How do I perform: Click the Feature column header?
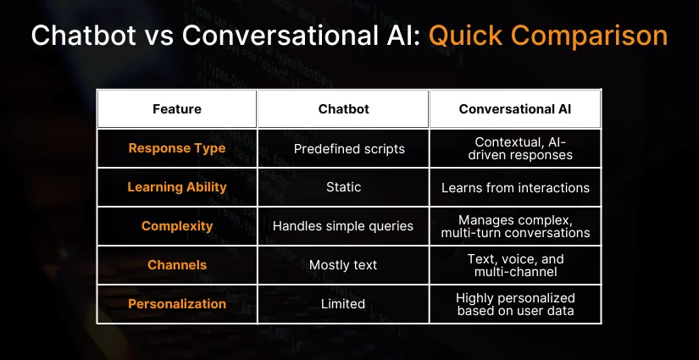pos(177,109)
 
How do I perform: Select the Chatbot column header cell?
pos(343,109)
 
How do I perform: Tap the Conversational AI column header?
pos(515,109)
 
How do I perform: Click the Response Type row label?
pos(177,148)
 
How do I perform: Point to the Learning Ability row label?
pos(177,187)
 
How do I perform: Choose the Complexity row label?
pos(177,226)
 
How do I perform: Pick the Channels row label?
pos(177,264)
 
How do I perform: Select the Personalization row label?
pos(177,304)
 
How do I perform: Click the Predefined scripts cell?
pos(349,149)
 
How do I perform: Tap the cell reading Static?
pos(343,187)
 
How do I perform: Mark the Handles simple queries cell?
pos(343,226)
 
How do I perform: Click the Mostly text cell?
pos(343,265)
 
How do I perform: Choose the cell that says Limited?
pos(343,304)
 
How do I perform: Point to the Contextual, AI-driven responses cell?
pos(519,148)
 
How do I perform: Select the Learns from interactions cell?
pos(515,187)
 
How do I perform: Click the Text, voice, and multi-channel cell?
pos(515,265)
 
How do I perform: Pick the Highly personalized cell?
pos(515,304)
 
